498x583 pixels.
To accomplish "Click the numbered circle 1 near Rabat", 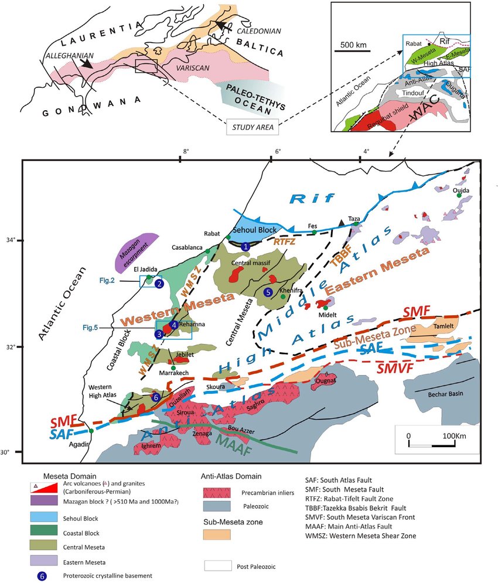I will (x=246, y=248).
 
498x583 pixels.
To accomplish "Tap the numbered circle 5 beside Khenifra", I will (x=268, y=292).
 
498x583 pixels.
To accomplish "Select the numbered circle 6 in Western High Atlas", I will (x=155, y=397).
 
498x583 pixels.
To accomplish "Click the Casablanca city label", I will (x=187, y=247).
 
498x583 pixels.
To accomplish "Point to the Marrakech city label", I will (x=173, y=375).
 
